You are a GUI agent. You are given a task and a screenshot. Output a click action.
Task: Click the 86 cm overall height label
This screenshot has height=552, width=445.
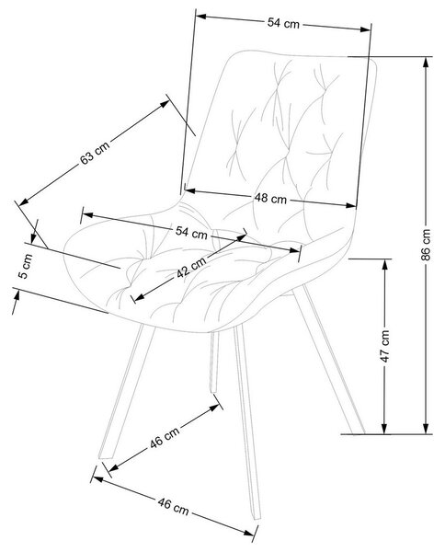(426, 245)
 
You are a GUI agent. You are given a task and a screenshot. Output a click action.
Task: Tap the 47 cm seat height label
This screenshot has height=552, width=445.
(385, 346)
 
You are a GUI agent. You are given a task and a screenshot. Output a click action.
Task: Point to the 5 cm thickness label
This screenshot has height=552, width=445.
(25, 266)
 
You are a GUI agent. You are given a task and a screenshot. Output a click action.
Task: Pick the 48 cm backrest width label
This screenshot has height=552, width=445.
(270, 198)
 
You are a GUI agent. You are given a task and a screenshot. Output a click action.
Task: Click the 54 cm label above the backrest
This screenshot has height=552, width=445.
(283, 23)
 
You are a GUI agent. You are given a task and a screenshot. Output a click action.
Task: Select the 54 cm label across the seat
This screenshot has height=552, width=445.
(191, 232)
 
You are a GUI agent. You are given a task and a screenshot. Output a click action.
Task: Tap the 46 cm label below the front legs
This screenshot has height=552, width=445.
(173, 506)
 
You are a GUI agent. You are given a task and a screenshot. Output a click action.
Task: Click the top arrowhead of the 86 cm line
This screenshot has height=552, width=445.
(426, 62)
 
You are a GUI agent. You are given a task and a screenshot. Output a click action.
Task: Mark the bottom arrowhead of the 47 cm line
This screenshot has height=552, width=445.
(385, 429)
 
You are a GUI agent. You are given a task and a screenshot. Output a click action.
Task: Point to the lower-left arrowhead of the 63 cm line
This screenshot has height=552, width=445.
(24, 202)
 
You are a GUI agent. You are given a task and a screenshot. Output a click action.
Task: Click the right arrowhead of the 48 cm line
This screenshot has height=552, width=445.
(351, 205)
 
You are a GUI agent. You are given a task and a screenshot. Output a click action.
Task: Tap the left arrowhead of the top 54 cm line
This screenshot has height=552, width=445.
(200, 16)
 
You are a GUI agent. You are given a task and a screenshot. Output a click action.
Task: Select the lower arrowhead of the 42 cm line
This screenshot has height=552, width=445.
(140, 298)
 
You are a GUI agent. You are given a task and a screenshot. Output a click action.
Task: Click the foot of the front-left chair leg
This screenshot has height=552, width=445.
(105, 456)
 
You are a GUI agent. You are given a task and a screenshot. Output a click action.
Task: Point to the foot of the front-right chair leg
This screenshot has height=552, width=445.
(257, 517)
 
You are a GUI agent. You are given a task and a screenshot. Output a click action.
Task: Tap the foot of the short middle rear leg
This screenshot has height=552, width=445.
(213, 390)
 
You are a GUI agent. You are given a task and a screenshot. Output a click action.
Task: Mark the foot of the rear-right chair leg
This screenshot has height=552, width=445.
(359, 431)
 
